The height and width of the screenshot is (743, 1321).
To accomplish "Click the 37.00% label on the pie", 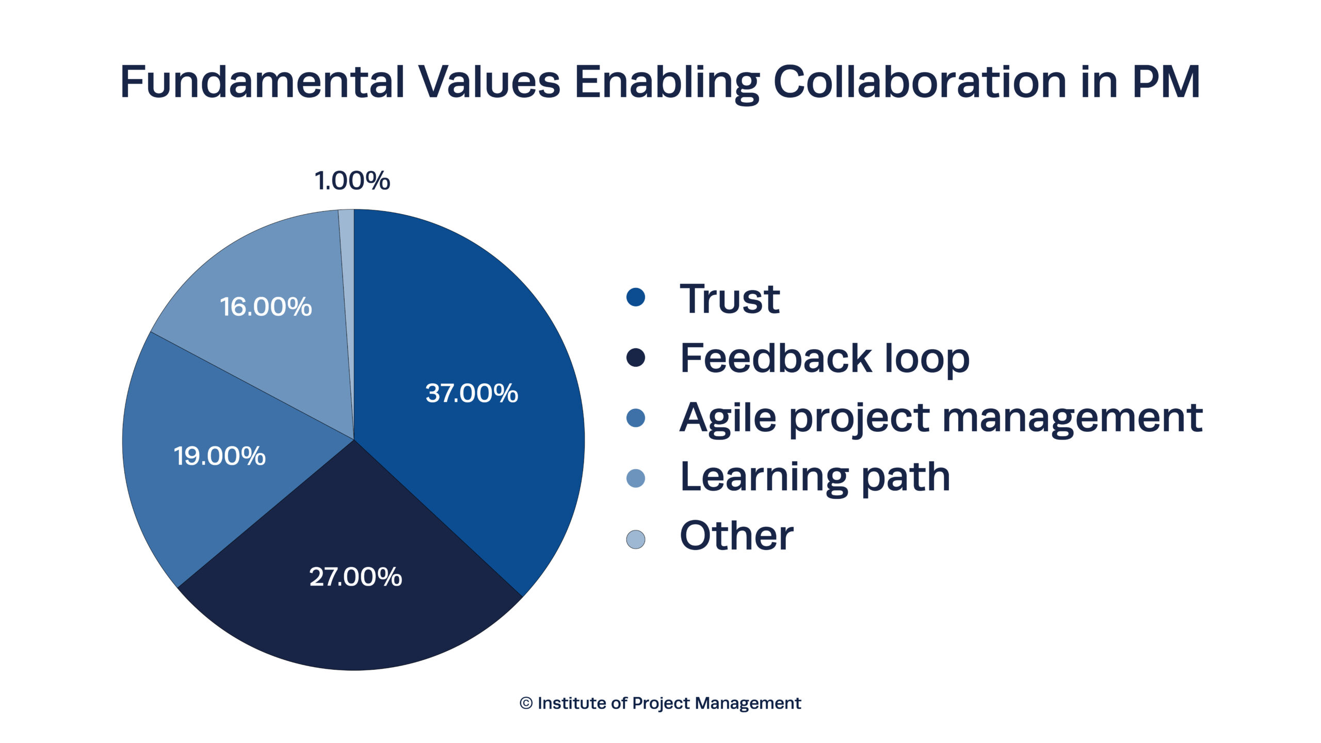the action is pyautogui.click(x=472, y=393).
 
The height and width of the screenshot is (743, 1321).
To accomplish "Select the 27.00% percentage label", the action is pyautogui.click(x=356, y=577).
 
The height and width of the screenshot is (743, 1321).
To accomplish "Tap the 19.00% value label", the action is pyautogui.click(x=220, y=456).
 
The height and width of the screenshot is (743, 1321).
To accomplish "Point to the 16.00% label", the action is pyautogui.click(x=266, y=306).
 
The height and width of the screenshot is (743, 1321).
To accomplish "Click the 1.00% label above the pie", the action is pyautogui.click(x=352, y=181).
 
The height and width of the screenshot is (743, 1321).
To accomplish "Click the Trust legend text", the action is pyautogui.click(x=730, y=299).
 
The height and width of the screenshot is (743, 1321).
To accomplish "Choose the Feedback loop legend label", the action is pyautogui.click(x=825, y=358).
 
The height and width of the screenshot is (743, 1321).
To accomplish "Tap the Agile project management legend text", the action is pyautogui.click(x=941, y=418).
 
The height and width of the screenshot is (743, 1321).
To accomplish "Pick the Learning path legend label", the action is pyautogui.click(x=815, y=477).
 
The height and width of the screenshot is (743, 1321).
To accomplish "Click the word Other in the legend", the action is pyautogui.click(x=736, y=536).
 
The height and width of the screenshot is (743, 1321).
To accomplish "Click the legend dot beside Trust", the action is pyautogui.click(x=636, y=297).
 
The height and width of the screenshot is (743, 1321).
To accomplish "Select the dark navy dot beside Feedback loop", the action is pyautogui.click(x=636, y=358).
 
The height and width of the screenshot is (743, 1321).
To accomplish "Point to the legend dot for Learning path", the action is pyautogui.click(x=636, y=478).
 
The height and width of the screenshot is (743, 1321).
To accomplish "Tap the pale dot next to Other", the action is pyautogui.click(x=636, y=539).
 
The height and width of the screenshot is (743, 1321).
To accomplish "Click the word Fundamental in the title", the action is pyautogui.click(x=263, y=82).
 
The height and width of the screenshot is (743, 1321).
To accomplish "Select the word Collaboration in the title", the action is pyautogui.click(x=920, y=82).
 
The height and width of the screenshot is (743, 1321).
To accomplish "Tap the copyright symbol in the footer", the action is pyautogui.click(x=526, y=703).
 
